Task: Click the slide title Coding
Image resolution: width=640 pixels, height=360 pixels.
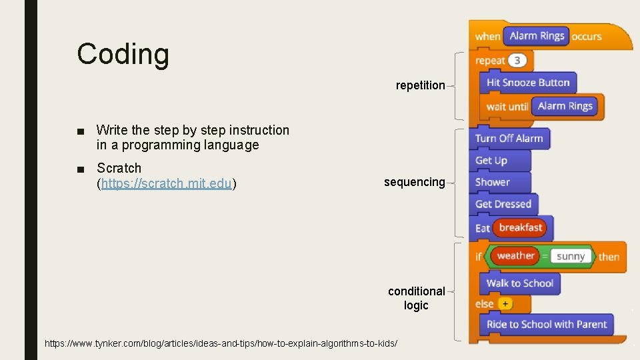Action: [123, 54]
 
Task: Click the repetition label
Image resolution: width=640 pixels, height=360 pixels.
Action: [420, 85]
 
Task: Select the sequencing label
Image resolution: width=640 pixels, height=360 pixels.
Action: [414, 182]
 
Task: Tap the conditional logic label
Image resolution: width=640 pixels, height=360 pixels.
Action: [417, 298]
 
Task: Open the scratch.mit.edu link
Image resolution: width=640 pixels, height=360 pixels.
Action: [167, 183]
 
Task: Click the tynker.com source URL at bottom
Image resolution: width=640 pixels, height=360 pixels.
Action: [221, 343]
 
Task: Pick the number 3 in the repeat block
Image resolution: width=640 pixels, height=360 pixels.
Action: [518, 61]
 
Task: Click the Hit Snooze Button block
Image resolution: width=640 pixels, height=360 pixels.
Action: [527, 83]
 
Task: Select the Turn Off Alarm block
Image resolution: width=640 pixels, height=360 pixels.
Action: [509, 139]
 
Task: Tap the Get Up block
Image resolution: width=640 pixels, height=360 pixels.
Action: [491, 161]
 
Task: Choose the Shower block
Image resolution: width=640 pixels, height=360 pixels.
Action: [493, 182]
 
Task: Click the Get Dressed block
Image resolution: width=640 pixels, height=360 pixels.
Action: [503, 204]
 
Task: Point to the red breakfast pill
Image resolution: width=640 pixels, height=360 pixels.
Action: [520, 228]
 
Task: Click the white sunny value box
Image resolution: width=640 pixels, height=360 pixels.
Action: [571, 256]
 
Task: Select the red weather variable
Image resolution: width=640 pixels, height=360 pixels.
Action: [515, 255]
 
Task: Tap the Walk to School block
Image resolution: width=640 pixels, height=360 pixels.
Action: [519, 283]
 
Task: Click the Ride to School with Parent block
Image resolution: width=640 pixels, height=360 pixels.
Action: [547, 325]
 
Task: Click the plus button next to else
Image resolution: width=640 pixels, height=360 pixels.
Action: [505, 304]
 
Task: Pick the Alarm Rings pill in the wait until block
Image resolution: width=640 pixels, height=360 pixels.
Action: [565, 106]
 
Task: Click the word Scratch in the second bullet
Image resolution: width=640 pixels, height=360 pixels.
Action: [119, 168]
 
